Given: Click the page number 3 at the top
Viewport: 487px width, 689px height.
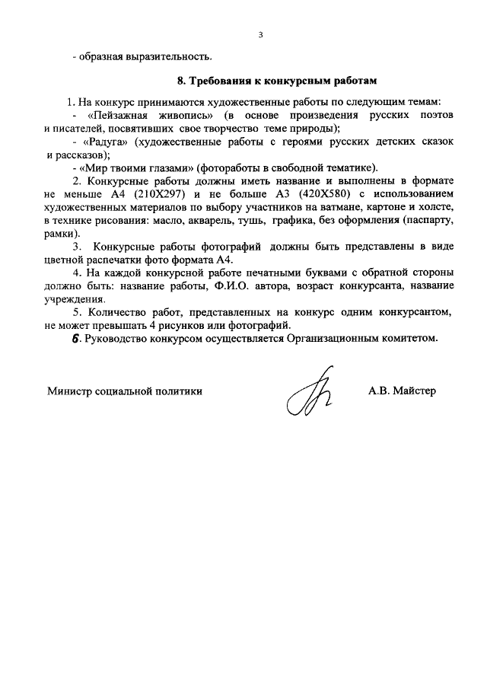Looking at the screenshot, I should tap(260, 35).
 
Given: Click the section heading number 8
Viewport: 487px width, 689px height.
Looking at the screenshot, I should tap(180, 79).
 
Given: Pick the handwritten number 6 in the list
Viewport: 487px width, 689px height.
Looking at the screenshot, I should tap(76, 339).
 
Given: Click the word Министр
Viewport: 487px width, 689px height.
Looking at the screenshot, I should tap(68, 391).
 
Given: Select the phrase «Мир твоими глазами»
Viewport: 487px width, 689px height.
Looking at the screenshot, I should tap(135, 168).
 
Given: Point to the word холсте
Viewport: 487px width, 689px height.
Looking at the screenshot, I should tap(435, 207).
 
